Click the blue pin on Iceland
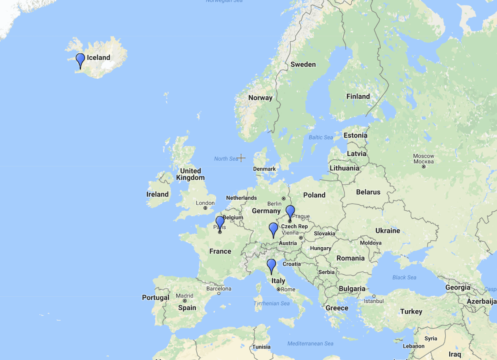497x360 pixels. coord(80,59)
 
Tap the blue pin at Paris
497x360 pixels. coord(220,222)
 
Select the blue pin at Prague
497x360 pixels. coord(290,211)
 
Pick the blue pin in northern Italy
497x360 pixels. coord(271,265)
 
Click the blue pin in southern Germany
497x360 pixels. coord(273,229)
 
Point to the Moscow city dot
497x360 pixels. coord(424,167)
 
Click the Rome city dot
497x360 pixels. coord(279,290)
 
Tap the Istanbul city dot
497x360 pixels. coord(374,296)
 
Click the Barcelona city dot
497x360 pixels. coord(219,293)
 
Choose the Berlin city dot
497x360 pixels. coord(283,198)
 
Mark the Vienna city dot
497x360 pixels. coord(301,238)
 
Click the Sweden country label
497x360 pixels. coord(303,65)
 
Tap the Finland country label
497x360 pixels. coord(358,97)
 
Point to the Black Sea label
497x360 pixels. coord(404,277)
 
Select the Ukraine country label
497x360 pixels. coord(388,231)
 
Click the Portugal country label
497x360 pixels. coord(156,297)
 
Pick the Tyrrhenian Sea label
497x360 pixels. coord(271,304)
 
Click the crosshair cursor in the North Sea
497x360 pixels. coord(241,158)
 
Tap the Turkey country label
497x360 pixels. coord(411,312)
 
